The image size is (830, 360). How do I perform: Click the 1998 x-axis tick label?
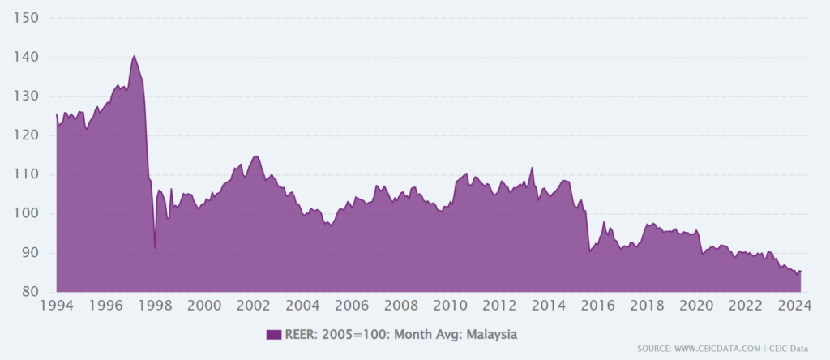click(155, 306)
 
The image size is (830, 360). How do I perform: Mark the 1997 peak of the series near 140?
click(134, 56)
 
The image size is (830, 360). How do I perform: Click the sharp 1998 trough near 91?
click(155, 248)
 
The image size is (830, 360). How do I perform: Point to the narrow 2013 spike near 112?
click(532, 168)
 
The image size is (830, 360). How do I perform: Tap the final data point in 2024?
click(801, 271)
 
